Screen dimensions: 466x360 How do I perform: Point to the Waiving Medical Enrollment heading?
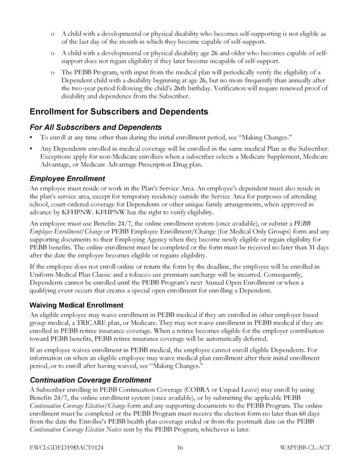coord(77,305)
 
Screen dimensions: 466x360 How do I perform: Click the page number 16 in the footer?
coord(179,447)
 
